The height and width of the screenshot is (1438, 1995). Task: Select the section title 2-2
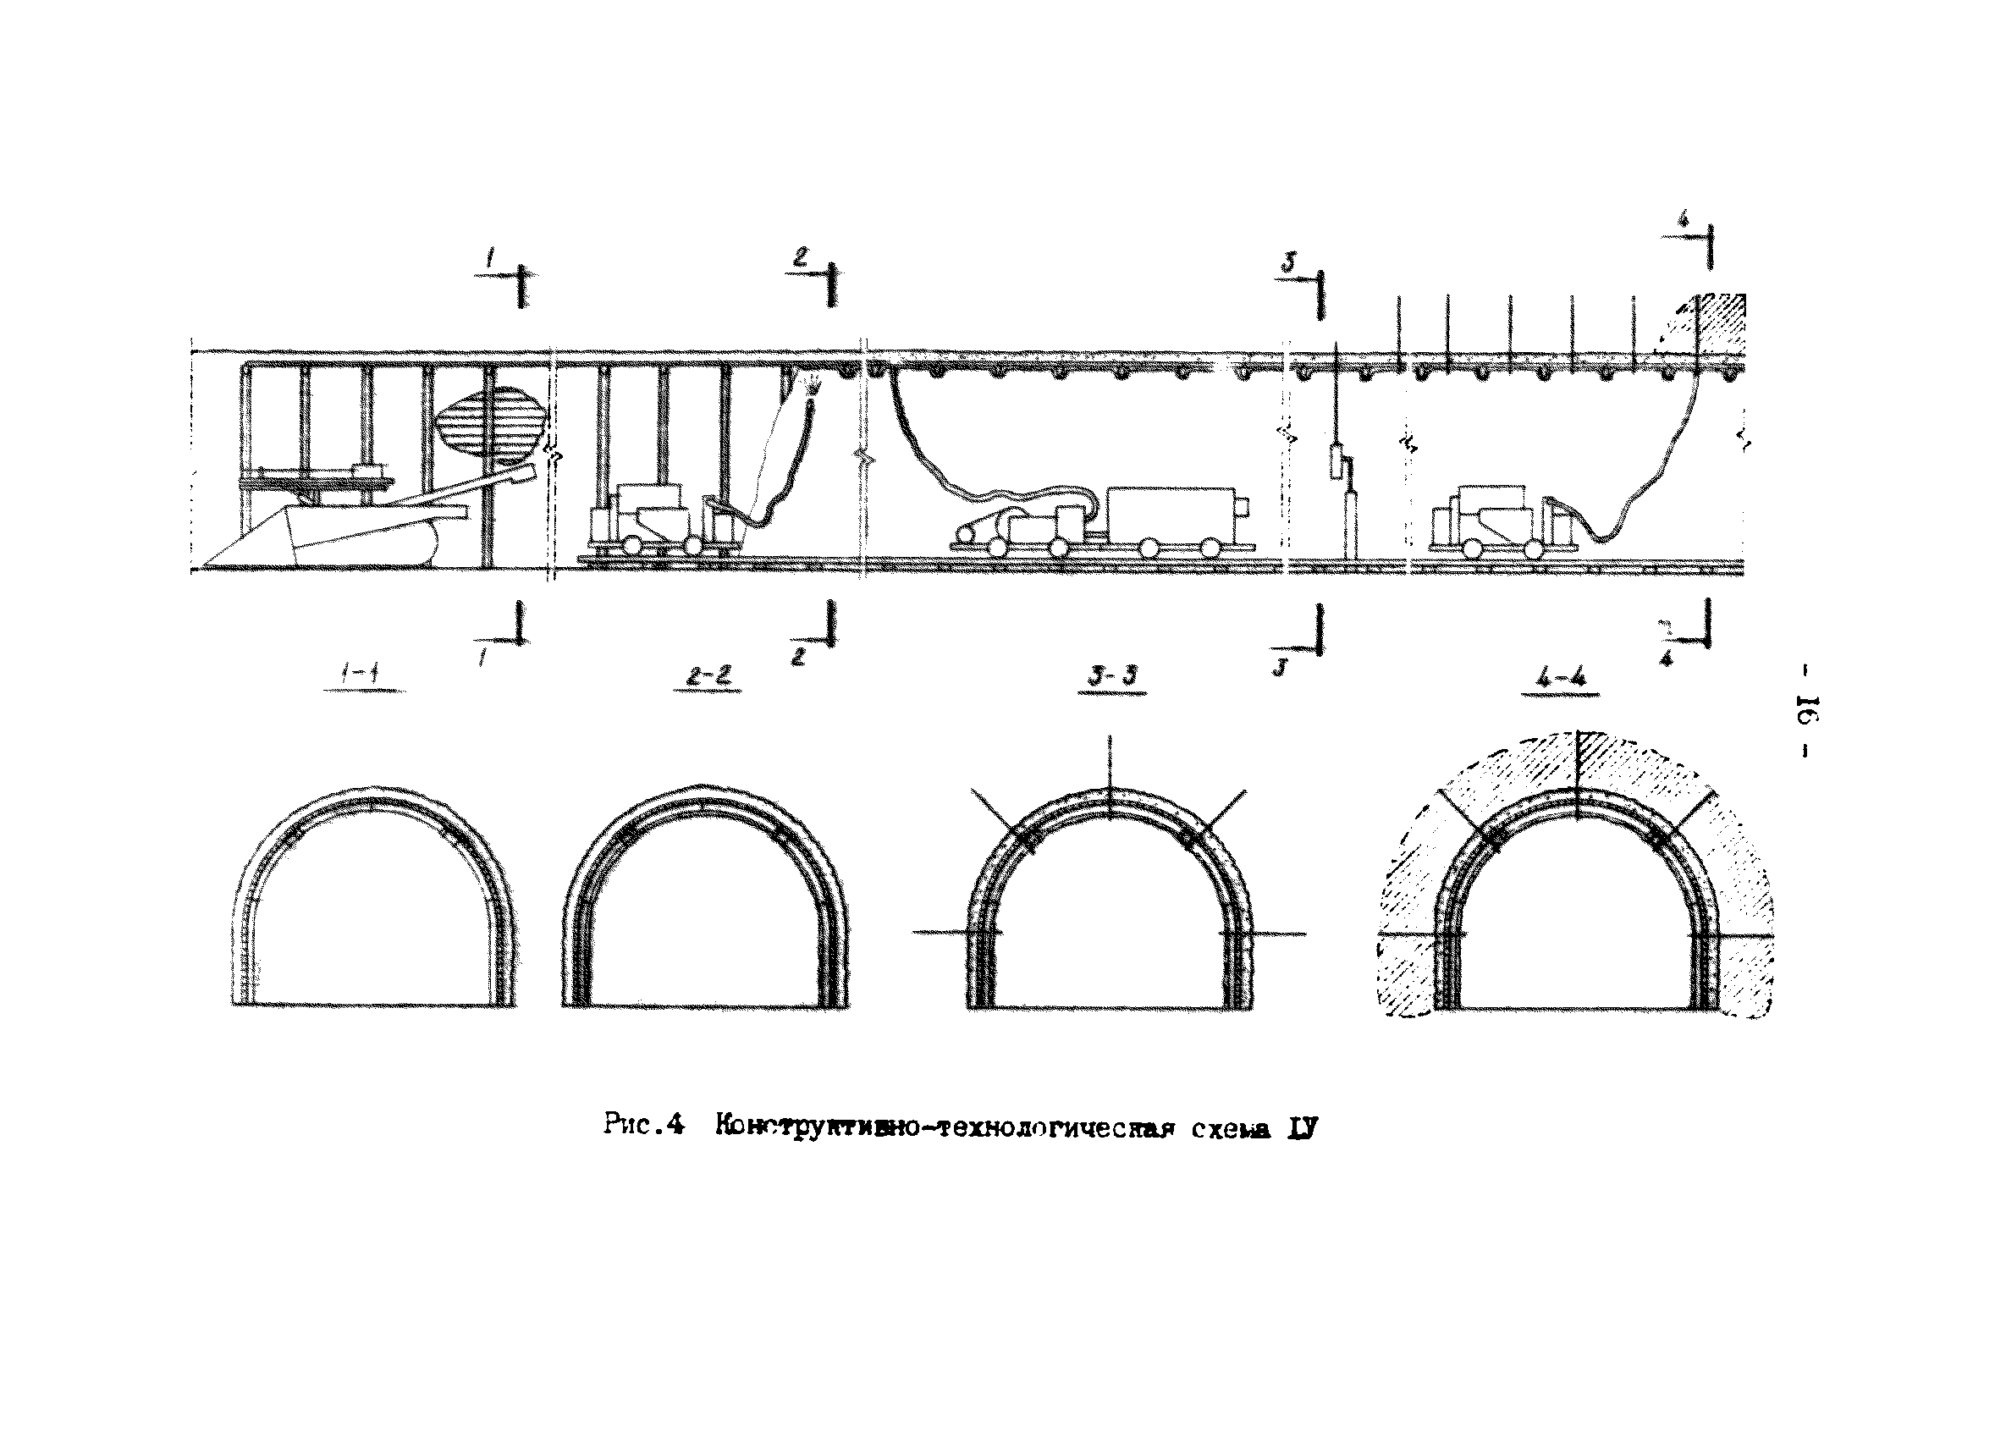tap(708, 675)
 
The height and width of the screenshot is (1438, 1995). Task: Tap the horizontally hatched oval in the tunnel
tap(489, 424)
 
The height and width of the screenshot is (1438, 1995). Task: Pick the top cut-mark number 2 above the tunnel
tap(800, 256)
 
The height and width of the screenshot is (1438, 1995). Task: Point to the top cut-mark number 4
tap(1683, 220)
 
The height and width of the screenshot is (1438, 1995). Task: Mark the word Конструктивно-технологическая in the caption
tap(945, 1127)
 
